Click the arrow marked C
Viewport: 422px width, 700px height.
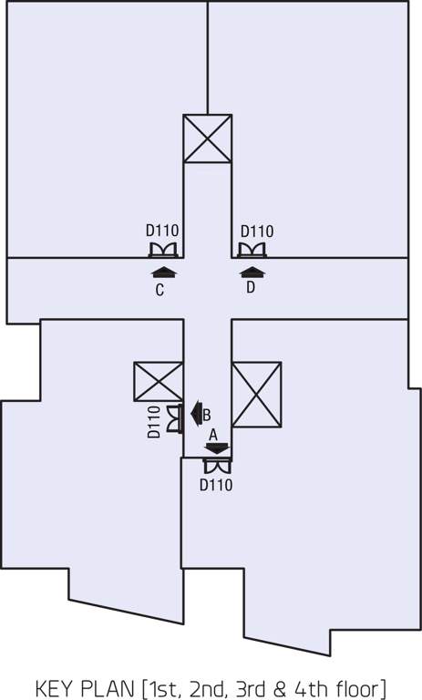163,271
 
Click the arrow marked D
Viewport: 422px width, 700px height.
252,271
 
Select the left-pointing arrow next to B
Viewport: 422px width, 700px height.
194,413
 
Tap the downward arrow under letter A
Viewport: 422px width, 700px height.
216,448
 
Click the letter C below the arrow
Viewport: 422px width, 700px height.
160,290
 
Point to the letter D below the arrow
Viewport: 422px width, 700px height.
251,288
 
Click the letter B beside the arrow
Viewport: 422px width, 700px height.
207,414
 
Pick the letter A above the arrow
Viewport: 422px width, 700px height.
213,435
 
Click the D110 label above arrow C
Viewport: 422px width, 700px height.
163,232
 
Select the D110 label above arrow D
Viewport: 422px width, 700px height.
256,232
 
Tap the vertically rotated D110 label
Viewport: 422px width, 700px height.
153,422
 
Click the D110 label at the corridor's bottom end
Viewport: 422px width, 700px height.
216,485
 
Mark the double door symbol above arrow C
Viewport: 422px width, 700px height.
162,250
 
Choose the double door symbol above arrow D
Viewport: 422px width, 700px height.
252,250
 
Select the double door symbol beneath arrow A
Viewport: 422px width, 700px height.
217,467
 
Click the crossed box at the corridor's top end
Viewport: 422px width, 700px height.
207,139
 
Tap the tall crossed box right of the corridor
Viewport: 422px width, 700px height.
256,395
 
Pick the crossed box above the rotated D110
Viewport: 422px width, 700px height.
158,381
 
